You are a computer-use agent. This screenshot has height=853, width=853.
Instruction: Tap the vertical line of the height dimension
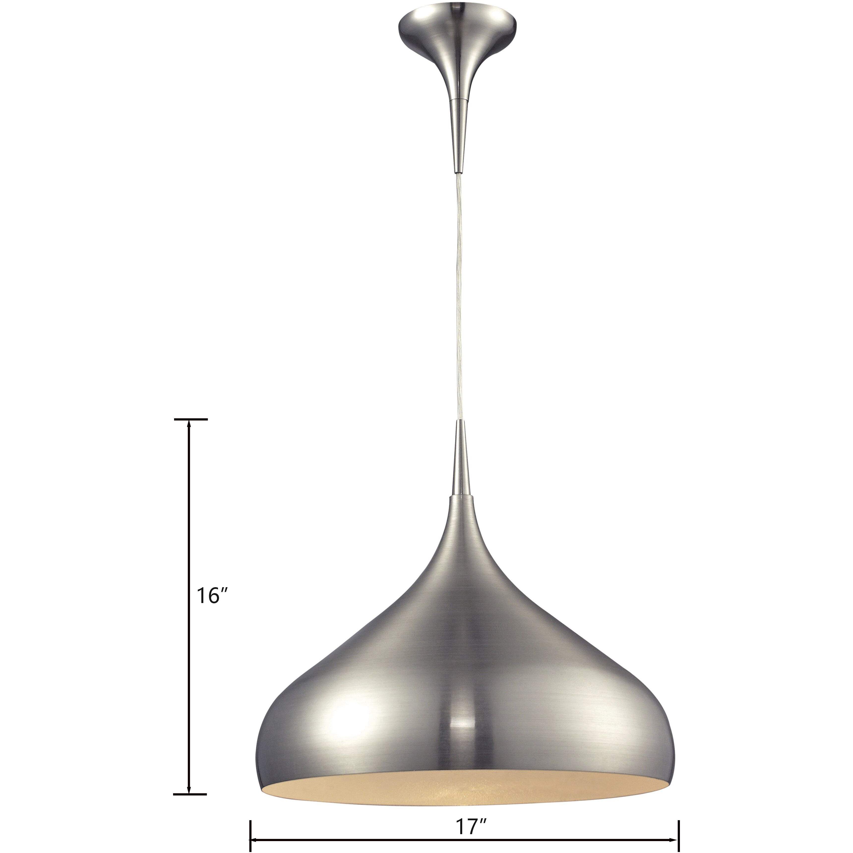[x=189, y=530]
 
